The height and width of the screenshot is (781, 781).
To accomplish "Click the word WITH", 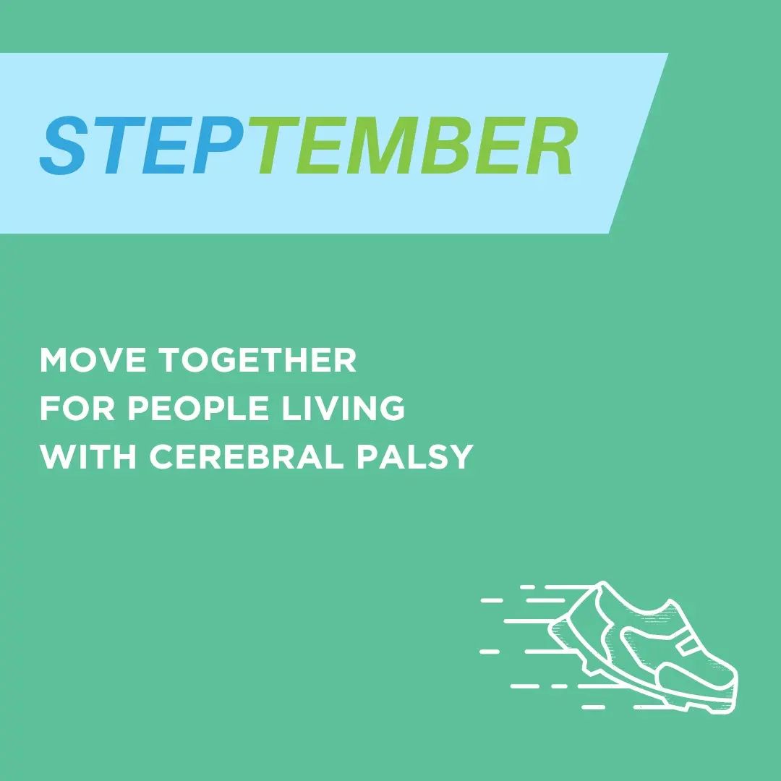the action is (x=88, y=456).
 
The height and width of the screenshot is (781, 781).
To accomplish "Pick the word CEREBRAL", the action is (x=247, y=456).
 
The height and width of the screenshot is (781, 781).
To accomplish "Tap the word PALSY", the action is (x=414, y=456).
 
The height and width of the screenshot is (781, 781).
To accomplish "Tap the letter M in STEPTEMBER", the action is (x=379, y=145).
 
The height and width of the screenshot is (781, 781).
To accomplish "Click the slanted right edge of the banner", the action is (x=639, y=143).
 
